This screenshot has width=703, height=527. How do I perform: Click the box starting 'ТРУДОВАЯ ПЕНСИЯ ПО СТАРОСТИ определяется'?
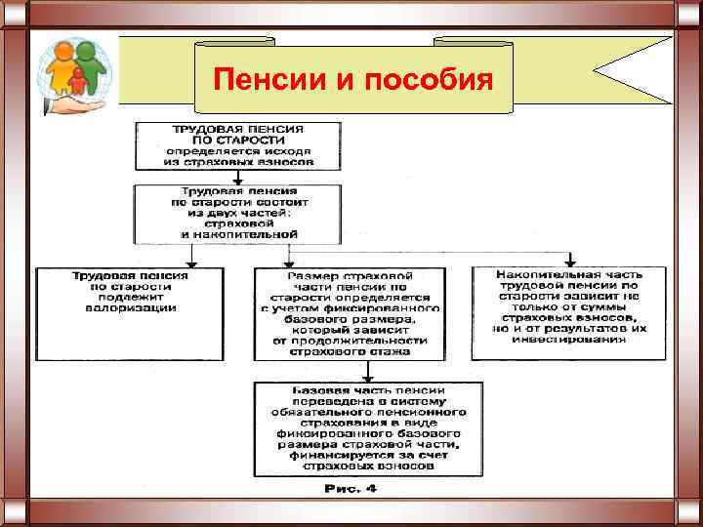click(x=238, y=144)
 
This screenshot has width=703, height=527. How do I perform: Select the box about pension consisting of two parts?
click(x=238, y=213)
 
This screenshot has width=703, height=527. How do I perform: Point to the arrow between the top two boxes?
click(x=238, y=176)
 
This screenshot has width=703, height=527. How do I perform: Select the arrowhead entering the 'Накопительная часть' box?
click(x=570, y=261)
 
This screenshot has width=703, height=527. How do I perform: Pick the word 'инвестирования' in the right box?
click(x=570, y=341)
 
